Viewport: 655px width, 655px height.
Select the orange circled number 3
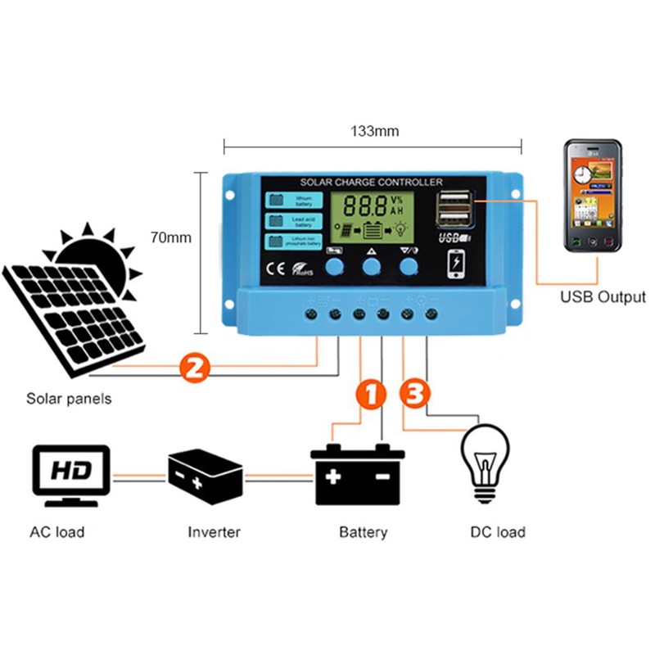pyautogui.click(x=415, y=394)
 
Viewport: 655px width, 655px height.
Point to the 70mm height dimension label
pyautogui.click(x=170, y=238)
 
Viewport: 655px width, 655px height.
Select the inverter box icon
pyautogui.click(x=205, y=475)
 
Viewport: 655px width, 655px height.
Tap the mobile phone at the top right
pyautogui.click(x=592, y=197)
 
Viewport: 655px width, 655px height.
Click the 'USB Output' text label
pyautogui.click(x=603, y=297)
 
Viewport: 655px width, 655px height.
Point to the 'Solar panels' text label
pyautogui.click(x=69, y=400)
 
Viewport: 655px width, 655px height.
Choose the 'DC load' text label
pyautogui.click(x=498, y=532)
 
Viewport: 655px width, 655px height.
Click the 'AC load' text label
pyautogui.click(x=57, y=532)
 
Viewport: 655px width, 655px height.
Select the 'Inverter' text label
pyautogui.click(x=215, y=532)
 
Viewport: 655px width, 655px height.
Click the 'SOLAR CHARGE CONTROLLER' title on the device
pyautogui.click(x=372, y=182)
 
